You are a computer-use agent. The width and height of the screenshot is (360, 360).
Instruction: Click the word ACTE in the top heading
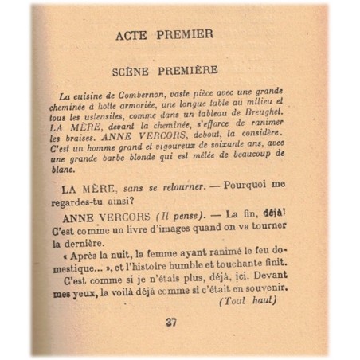click(132, 34)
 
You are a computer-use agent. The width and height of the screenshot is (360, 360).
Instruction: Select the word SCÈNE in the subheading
click(135, 69)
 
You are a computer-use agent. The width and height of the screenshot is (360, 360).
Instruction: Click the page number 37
click(170, 322)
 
